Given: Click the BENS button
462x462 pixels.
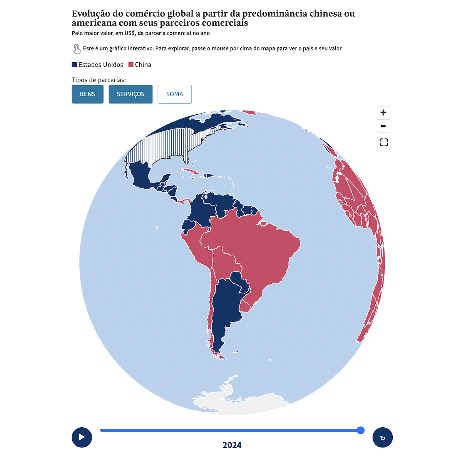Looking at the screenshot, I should coord(87,94).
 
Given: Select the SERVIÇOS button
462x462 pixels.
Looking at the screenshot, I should coord(131,94).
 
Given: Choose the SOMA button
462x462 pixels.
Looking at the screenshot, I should coord(174,94).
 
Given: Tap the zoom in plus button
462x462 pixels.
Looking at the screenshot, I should coord(383,113).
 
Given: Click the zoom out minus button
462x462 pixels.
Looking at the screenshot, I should coord(383,126).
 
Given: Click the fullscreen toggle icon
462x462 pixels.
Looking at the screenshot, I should coord(383,143).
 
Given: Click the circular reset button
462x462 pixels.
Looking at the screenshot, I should coord(382,438).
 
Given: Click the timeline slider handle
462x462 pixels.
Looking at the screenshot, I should coord(361,430).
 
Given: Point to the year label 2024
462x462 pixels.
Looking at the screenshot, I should coord(232,445).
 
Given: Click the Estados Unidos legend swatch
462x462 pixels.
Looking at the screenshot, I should coord(74,65).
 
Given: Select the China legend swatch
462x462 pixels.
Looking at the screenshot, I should coord(131,65).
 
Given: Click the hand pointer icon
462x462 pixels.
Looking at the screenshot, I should coord(77,49).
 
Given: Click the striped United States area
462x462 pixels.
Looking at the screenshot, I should coord(166,146).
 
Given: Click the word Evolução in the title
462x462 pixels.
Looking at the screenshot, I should coord(91,14).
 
